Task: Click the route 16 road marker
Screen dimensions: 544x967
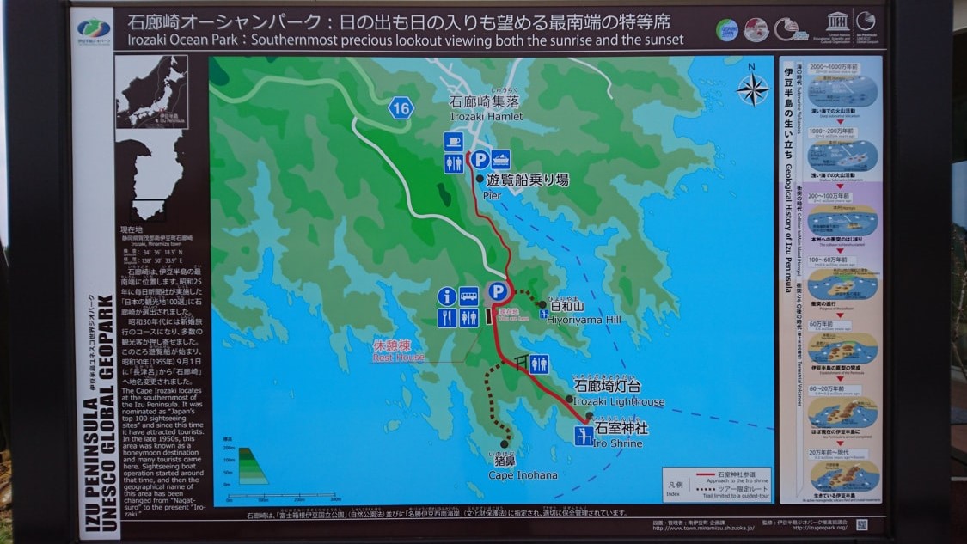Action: [x=400, y=107]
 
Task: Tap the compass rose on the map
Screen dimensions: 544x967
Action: [x=753, y=88]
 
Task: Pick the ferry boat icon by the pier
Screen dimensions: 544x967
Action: [x=500, y=159]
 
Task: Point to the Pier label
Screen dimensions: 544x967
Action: [x=492, y=195]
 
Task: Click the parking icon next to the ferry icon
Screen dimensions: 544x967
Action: [x=480, y=160]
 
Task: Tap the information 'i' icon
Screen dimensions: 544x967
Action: [x=446, y=296]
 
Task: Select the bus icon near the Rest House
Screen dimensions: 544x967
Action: [x=468, y=296]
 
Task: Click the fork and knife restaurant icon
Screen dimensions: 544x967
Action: [x=447, y=318]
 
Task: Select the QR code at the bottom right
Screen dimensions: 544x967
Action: [x=862, y=524]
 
